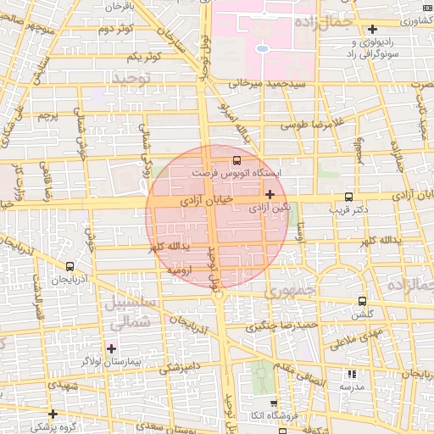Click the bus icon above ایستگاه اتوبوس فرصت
click(x=236, y=159)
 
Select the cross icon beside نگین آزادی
click(x=270, y=194)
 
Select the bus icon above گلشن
click(x=363, y=301)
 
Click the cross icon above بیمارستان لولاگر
click(x=111, y=348)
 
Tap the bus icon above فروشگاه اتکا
click(x=273, y=404)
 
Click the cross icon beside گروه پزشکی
click(x=53, y=414)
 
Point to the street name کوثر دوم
click(x=117, y=29)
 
